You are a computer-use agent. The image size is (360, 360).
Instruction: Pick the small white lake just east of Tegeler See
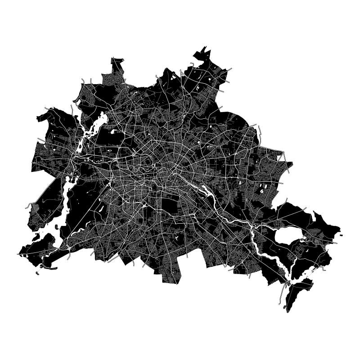113,132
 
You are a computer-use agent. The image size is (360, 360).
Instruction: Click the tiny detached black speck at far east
341,234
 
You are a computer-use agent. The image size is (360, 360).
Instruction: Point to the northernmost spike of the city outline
205,47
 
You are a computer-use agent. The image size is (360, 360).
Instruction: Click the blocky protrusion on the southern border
172,274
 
